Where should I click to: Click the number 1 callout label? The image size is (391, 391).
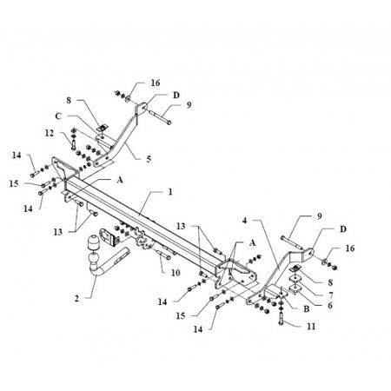(170, 192)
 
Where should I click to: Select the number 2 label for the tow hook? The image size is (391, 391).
(76, 298)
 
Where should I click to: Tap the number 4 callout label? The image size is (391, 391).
(245, 221)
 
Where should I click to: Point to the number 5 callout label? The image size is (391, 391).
(149, 159)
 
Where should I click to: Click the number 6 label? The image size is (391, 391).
(330, 305)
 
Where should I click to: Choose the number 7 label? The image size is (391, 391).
(330, 295)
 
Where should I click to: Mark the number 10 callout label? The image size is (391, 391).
(176, 273)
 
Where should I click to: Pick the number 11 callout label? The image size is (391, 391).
(311, 327)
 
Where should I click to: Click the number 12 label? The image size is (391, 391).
(50, 133)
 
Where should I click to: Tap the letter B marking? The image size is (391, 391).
(306, 308)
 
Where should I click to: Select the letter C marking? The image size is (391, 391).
(58, 116)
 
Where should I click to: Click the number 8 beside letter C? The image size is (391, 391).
(69, 100)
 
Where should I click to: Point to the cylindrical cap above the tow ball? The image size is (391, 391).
(93, 242)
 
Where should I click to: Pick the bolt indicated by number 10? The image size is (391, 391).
(163, 255)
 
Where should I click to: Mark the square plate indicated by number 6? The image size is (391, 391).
(295, 288)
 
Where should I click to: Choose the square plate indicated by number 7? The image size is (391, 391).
(295, 279)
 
